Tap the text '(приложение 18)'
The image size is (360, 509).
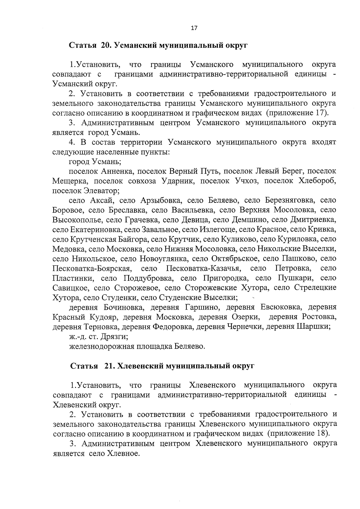pyautogui.click(x=298, y=433)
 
